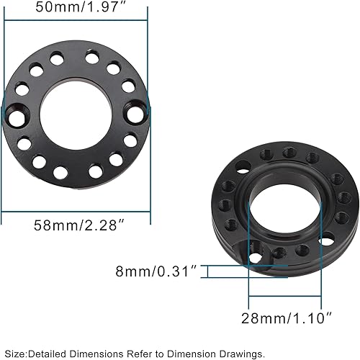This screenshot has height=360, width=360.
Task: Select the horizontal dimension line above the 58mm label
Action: pyautogui.click(x=76, y=212)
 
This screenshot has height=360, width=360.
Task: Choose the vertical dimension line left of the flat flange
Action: pyautogui.click(x=5, y=108)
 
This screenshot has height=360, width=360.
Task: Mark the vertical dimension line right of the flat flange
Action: pyautogui.click(x=148, y=108)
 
